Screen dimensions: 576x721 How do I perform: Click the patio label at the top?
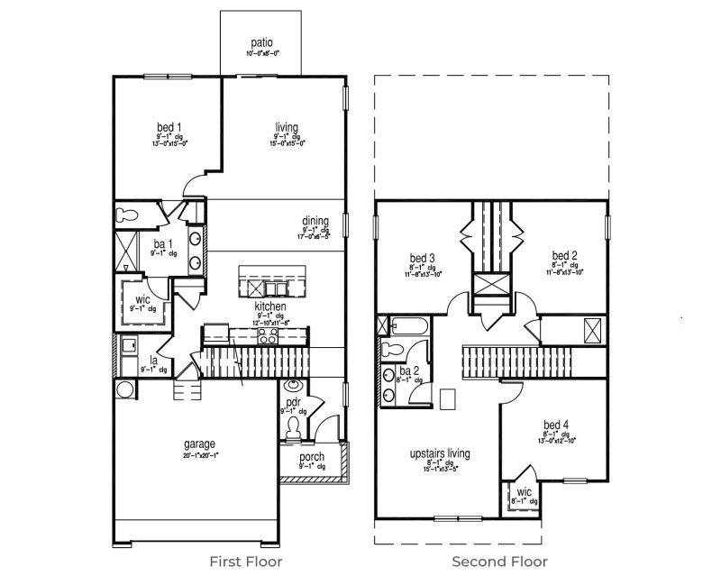pos(262,41)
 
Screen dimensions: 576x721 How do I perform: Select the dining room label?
pos(315,221)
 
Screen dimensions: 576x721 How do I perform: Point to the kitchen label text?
pos(269,306)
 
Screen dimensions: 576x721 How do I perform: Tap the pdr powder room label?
pos(293,401)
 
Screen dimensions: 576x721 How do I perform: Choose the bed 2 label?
pos(564,255)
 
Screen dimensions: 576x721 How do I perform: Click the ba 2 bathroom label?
pos(409,370)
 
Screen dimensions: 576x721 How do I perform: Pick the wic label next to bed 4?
pos(523,492)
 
